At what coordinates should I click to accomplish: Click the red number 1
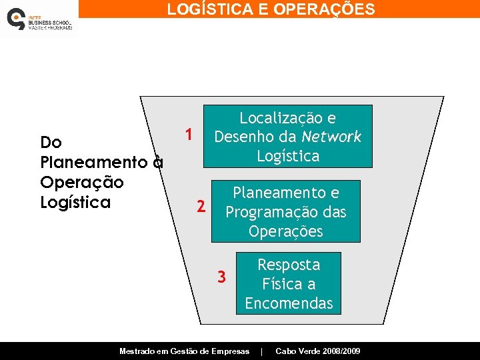(189, 135)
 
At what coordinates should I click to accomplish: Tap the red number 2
(201, 207)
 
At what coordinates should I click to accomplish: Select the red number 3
(222, 276)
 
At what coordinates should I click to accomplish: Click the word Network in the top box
(331, 137)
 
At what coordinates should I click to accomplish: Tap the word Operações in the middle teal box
(285, 231)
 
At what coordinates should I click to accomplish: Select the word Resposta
(289, 265)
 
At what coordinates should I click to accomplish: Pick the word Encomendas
(289, 303)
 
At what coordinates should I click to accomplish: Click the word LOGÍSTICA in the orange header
(205, 9)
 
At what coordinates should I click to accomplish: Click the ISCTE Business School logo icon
(16, 19)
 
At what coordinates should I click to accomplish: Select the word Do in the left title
(51, 142)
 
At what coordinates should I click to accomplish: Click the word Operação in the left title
(82, 182)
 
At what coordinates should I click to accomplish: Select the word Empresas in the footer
(231, 351)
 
